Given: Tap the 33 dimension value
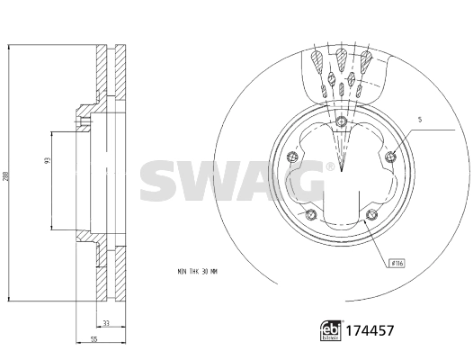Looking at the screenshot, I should [105, 323].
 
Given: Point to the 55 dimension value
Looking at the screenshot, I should [94, 338].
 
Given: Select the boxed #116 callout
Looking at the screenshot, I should [396, 263].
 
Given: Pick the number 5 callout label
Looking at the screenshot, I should [419, 119].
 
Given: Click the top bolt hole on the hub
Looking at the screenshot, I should [342, 122].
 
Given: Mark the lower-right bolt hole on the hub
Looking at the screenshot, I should [370, 214].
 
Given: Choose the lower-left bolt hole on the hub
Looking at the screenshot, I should [311, 214].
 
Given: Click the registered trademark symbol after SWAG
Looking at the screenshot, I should [330, 166].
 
